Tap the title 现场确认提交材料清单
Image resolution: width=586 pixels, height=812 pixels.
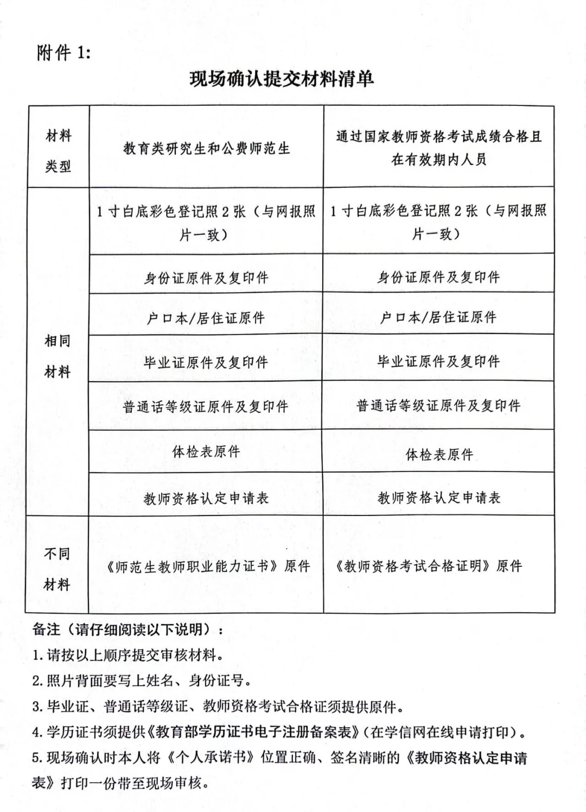point(282,79)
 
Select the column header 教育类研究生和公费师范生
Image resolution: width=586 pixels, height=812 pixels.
point(206,148)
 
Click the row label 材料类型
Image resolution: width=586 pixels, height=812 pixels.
point(58,150)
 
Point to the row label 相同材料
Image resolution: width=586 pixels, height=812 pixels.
point(58,356)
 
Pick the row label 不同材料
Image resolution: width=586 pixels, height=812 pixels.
point(57,569)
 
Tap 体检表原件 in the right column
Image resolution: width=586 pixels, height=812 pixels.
point(439,454)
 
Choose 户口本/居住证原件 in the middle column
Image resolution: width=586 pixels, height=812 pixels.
point(206,318)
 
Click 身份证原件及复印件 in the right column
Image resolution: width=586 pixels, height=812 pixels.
point(438,277)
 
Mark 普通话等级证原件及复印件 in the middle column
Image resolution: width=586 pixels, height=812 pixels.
point(206,406)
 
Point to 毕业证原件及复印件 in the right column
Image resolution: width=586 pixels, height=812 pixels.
point(438,361)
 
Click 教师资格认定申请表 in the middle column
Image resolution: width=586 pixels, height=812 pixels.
point(206,498)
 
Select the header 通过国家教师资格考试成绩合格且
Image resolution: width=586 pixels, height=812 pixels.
point(438,136)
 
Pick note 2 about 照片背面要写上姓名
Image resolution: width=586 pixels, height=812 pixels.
point(141,680)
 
